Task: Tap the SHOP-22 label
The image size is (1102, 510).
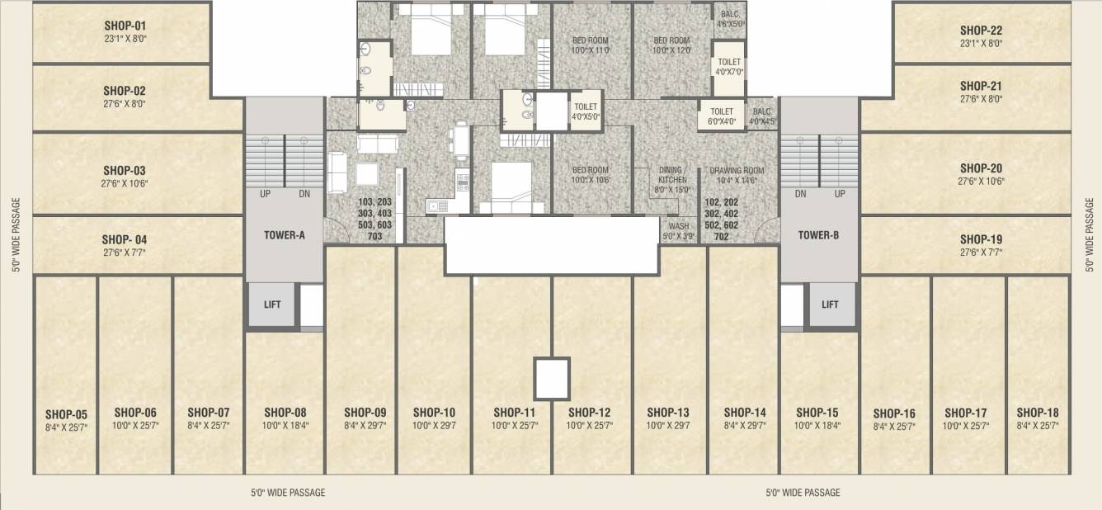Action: coord(981,31)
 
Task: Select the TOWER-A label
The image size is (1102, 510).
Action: coord(285,235)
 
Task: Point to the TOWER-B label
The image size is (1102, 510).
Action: coord(818,235)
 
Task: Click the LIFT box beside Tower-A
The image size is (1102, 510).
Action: coord(272,305)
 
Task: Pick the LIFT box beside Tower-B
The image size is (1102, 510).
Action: coord(830,305)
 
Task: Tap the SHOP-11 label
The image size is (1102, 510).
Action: coord(515,412)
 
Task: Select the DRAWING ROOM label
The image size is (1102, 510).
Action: coord(737,171)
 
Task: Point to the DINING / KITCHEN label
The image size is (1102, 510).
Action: coord(672,175)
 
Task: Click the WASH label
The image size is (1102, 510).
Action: coord(679,226)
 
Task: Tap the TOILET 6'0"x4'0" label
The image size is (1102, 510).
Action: coord(722,111)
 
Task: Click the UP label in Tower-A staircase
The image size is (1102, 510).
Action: coord(265,195)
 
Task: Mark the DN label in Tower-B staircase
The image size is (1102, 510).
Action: coord(800,195)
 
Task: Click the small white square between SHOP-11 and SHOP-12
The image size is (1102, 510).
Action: coord(552,379)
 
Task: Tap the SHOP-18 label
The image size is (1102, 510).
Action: coord(1038,412)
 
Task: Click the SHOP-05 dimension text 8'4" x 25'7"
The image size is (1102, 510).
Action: coord(66,427)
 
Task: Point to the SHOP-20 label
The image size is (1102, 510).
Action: coord(981,168)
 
